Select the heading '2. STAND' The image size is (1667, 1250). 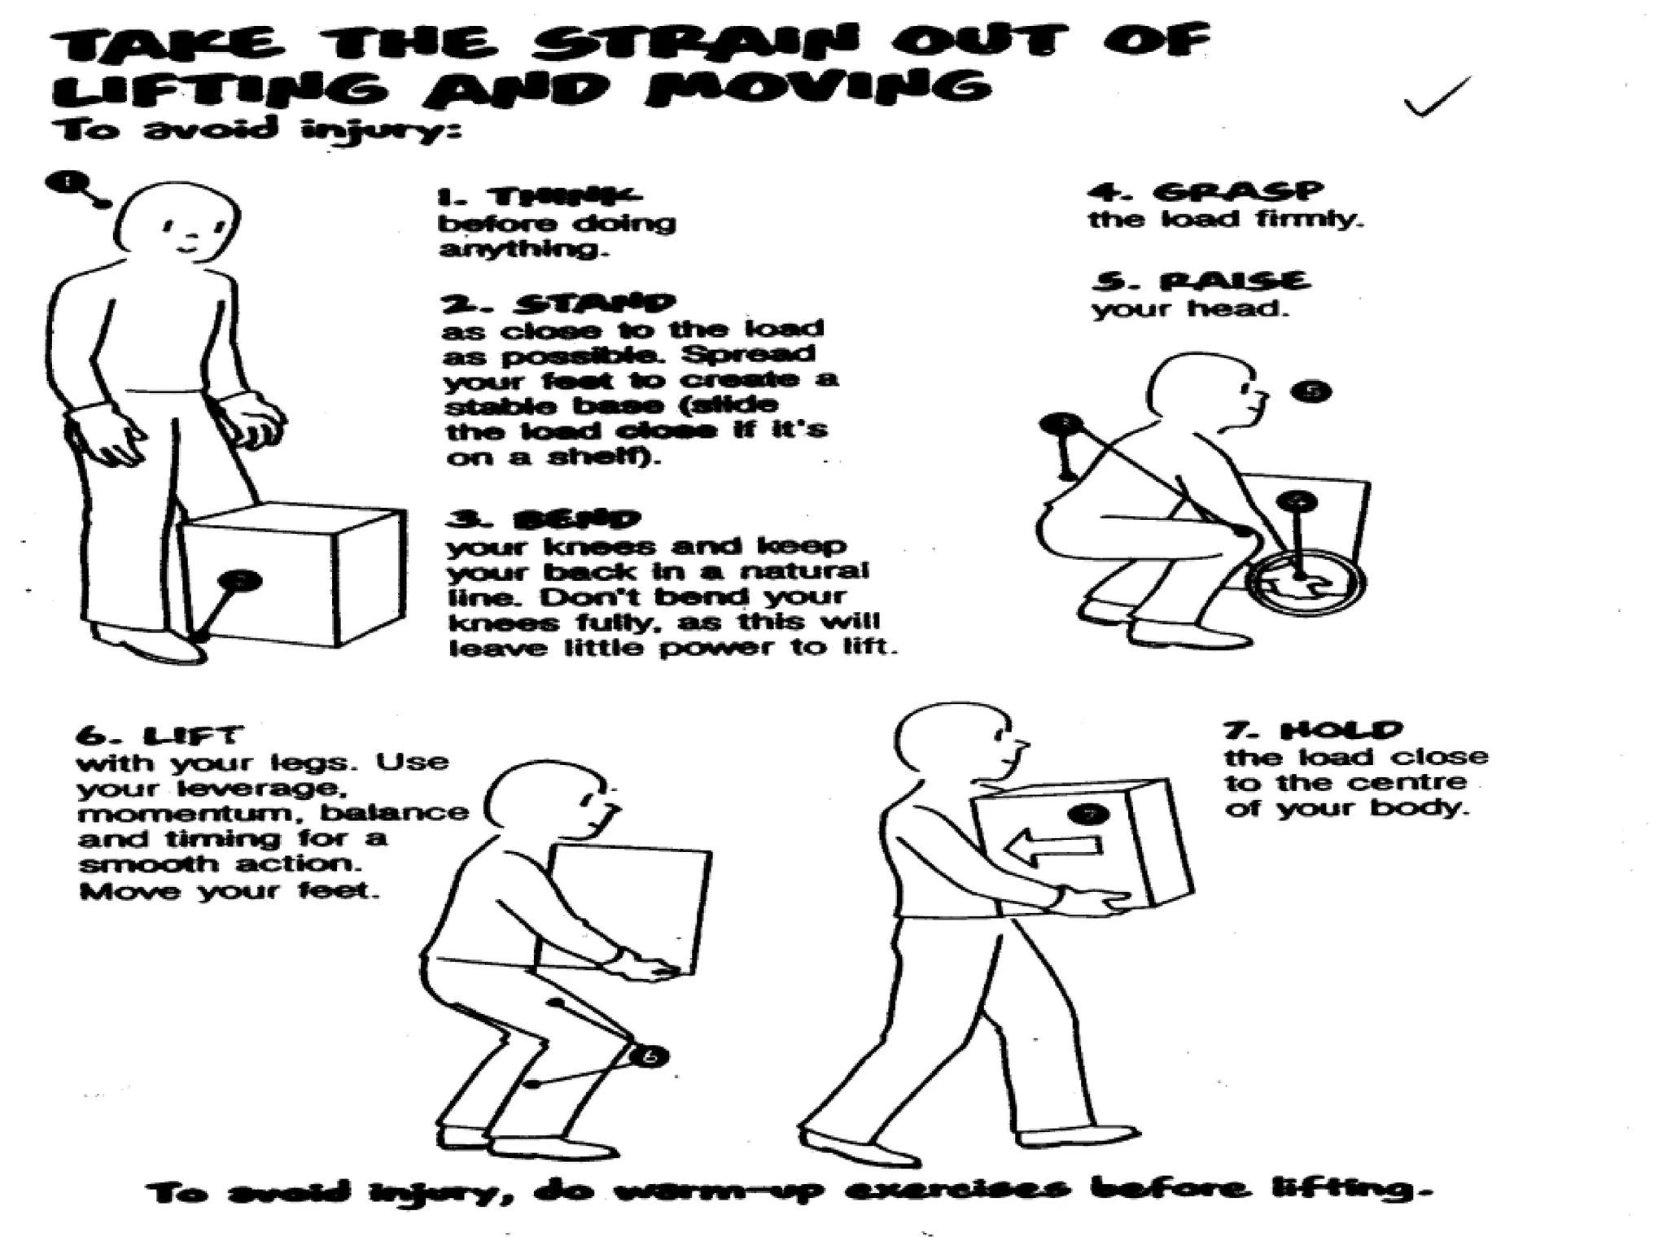[558, 304]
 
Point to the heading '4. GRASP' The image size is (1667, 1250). [1205, 192]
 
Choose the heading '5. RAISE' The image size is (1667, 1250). [1201, 282]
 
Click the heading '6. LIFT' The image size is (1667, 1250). [159, 736]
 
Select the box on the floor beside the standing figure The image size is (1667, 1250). [293, 574]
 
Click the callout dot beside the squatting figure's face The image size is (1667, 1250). [1311, 391]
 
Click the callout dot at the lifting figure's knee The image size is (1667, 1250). [650, 1057]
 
